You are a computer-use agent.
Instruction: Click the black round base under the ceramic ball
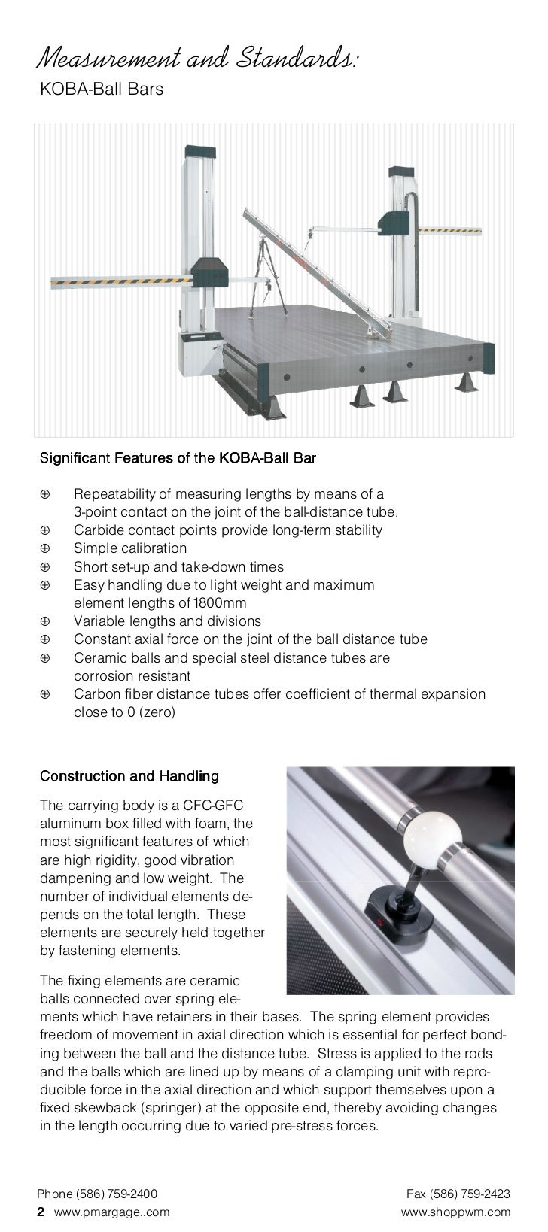(396, 906)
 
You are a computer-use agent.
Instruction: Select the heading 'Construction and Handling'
(129, 775)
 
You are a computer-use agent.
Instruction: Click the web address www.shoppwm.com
(456, 1212)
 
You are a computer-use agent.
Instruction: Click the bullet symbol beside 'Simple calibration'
(45, 548)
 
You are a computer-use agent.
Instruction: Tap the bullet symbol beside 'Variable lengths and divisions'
(45, 621)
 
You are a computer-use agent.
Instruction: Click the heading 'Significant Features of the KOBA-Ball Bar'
(177, 457)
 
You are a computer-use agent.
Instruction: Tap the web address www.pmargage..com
(112, 1212)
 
